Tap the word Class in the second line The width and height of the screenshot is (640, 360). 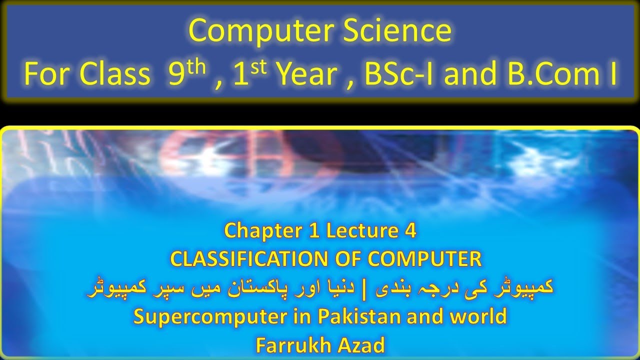point(116,75)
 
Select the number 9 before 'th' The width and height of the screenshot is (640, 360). point(176,75)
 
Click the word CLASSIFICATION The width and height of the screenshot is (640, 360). point(252,259)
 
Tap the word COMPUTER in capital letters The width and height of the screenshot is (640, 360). point(424,259)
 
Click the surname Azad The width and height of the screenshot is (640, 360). point(361,345)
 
